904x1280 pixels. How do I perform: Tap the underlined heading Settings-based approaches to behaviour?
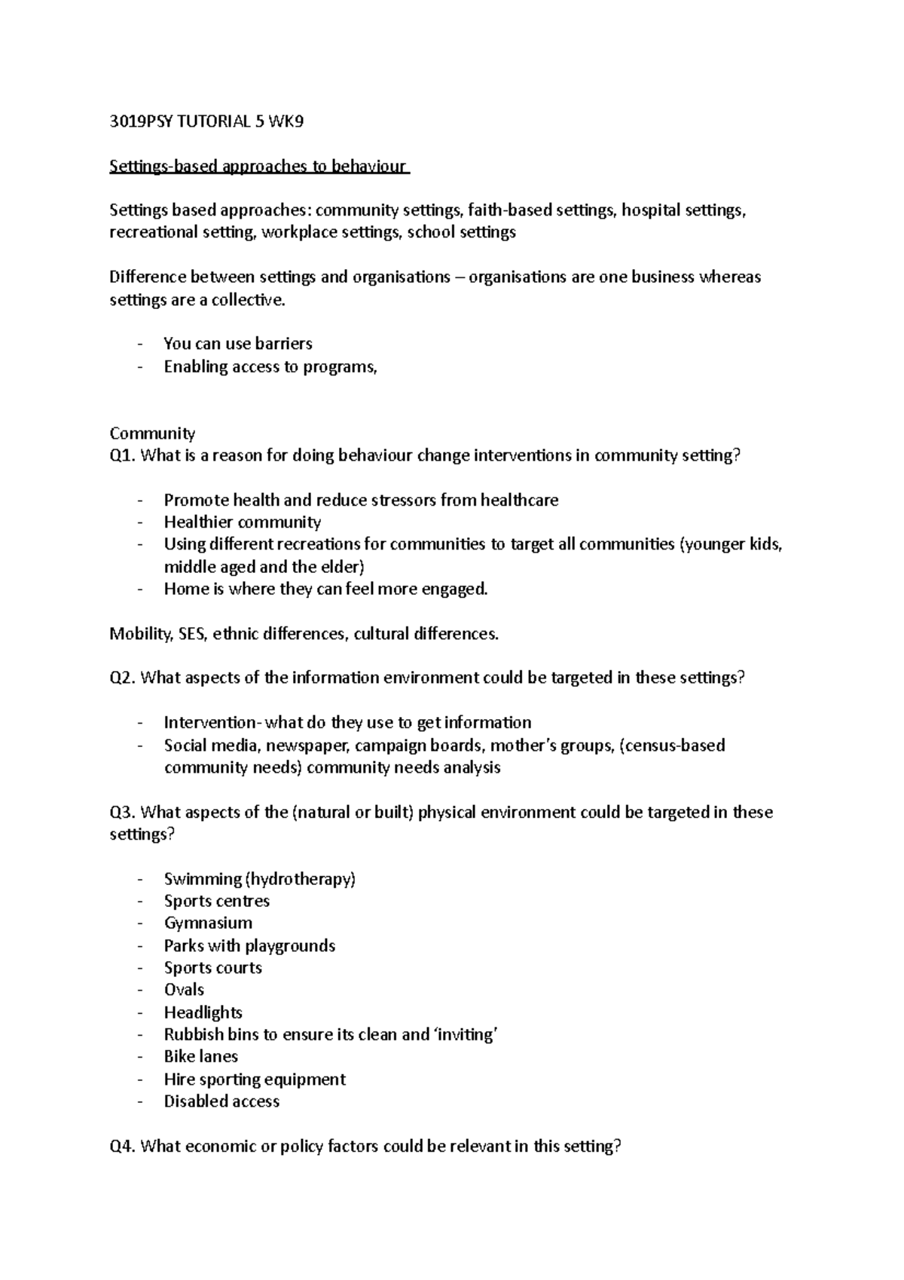pos(258,167)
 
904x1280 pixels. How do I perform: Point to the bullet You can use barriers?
pos(237,344)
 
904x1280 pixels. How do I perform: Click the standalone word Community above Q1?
pos(152,433)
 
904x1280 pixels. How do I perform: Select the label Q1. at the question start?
pos(123,455)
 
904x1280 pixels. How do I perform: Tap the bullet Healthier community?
pos(242,522)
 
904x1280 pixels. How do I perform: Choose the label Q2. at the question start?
pos(123,678)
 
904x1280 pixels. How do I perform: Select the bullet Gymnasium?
pos(208,923)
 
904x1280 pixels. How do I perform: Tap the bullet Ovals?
pos(184,990)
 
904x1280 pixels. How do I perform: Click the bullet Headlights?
pos(203,1012)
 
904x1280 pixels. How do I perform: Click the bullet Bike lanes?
pos(200,1057)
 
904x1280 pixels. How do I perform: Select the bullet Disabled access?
pos(221,1101)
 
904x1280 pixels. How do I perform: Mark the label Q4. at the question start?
pos(123,1147)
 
